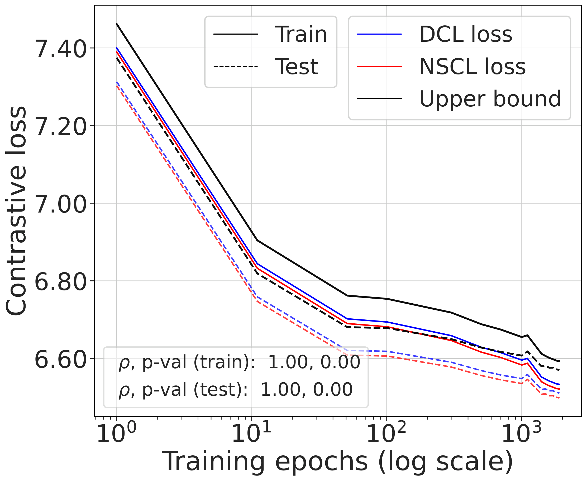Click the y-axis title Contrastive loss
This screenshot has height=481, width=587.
click(17, 211)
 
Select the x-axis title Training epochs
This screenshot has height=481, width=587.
click(337, 461)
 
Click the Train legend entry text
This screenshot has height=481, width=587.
click(301, 34)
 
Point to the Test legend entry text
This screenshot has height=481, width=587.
click(297, 67)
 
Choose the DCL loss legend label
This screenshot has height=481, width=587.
click(466, 34)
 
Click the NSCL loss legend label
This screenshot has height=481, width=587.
click(472, 67)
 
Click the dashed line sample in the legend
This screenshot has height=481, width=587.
click(235, 67)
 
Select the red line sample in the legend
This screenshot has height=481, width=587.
click(379, 67)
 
